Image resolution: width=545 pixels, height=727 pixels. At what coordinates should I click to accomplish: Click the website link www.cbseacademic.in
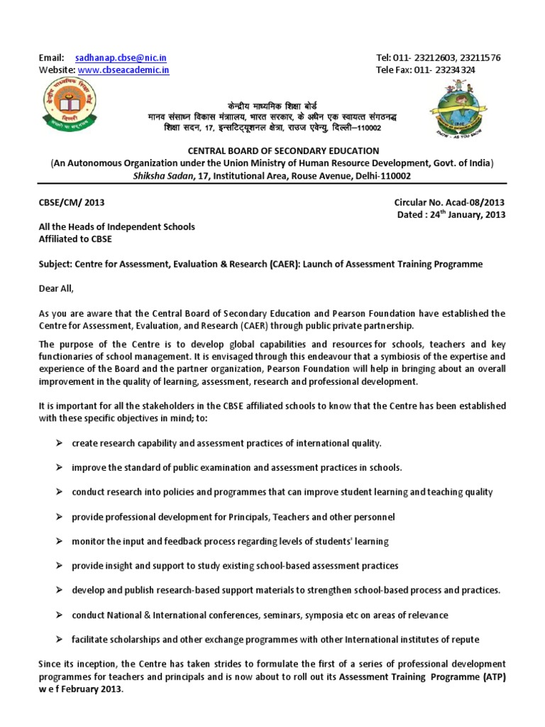[123, 70]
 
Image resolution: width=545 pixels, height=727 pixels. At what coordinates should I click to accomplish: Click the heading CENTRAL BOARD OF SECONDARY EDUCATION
[272, 151]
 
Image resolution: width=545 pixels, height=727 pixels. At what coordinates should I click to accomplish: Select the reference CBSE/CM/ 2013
[71, 202]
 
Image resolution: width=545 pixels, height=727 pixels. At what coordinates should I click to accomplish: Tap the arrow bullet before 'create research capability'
[59, 443]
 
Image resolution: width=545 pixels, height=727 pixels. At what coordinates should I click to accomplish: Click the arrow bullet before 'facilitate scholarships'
[59, 639]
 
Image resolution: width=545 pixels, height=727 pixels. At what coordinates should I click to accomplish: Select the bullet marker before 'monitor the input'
[59, 541]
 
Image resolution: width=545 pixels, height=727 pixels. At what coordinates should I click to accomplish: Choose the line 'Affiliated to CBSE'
[75, 239]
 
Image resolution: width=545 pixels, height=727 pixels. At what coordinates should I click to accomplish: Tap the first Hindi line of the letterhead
[273, 103]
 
